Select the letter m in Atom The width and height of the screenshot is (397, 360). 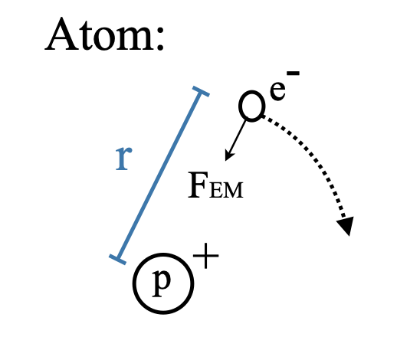coord(135,38)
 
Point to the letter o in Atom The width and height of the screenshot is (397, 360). coord(105,38)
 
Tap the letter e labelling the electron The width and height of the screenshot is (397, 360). coord(277,90)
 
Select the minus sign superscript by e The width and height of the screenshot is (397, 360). coord(293,74)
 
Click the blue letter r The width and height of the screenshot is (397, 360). coord(123,159)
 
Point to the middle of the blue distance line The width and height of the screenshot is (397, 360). coord(159,175)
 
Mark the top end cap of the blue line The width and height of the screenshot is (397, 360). coord(201,91)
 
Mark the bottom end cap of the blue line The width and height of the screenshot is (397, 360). coord(117,260)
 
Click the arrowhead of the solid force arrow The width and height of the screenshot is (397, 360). coord(228,155)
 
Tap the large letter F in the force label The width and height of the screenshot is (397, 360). coord(197,185)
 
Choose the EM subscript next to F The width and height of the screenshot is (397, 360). coord(226,190)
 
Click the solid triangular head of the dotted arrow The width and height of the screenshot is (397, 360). coord(346,225)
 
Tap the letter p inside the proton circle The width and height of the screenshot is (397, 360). coord(161,283)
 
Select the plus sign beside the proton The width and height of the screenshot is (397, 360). coord(206,256)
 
